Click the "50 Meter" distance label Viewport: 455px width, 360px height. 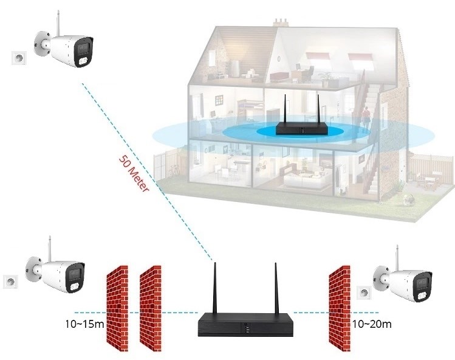tap(132, 175)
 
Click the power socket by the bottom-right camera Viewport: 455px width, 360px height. tap(364, 293)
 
